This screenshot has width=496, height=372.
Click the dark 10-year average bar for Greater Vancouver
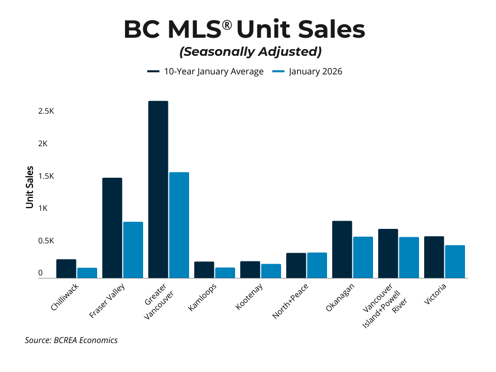coord(158,190)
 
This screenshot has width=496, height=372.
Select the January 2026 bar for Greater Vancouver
coord(179,225)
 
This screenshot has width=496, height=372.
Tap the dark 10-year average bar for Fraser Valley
coord(112,228)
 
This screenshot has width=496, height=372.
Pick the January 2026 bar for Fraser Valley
coord(133,250)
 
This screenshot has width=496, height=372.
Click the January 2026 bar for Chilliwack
coord(87,273)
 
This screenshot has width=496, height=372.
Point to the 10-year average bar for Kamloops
coord(204,270)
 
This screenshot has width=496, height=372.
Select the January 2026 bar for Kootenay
coord(271,271)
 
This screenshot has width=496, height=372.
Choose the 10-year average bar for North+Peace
coord(296,266)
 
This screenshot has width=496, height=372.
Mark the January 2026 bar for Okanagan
coord(363,257)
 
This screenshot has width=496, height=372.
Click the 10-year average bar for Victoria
coord(434,257)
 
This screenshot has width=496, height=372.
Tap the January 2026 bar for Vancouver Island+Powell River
coord(409,258)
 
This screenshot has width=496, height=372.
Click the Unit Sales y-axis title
coord(30,187)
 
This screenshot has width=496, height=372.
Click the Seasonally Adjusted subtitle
coord(250,52)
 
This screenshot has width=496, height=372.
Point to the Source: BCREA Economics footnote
coord(71,340)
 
